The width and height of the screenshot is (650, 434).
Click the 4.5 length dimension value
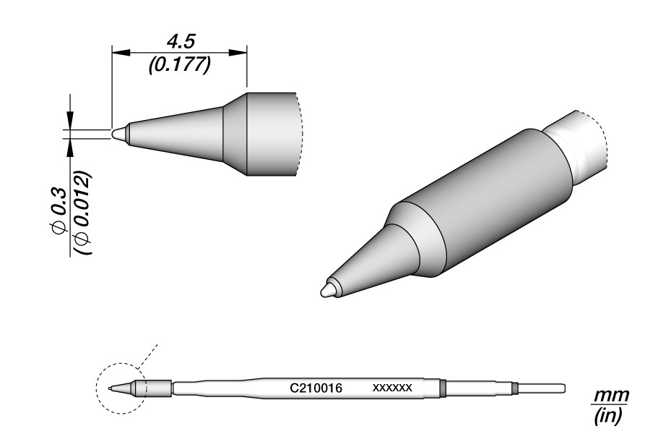pyautogui.click(x=181, y=43)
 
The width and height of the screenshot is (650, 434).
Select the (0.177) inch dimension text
pyautogui.click(x=181, y=64)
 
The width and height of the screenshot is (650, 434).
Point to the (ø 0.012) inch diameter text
pyautogui.click(x=83, y=213)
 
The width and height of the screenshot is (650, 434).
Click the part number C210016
pyautogui.click(x=316, y=388)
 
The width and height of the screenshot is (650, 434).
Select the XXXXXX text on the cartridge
pyautogui.click(x=392, y=388)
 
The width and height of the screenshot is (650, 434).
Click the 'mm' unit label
pyautogui.click(x=612, y=396)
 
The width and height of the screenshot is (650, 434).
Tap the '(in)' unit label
pyautogui.click(x=609, y=415)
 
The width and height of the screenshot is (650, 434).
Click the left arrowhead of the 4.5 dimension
pyautogui.click(x=121, y=52)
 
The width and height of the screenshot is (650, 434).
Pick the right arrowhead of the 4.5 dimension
pyautogui.click(x=238, y=52)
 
